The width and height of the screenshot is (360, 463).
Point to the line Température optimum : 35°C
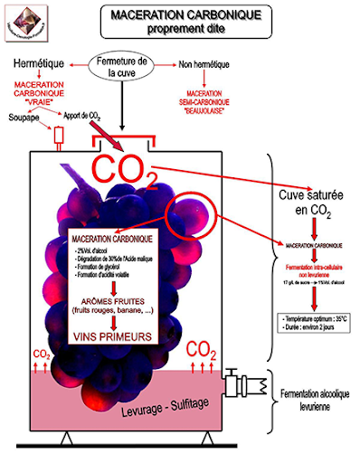click(315, 319)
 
